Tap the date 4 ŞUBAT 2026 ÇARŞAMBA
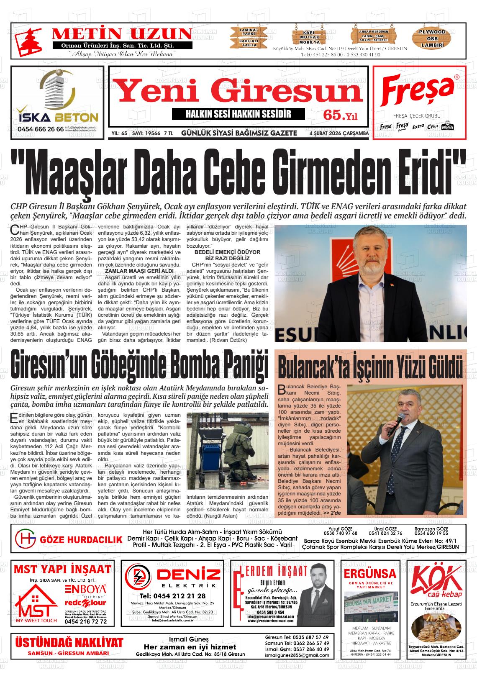point(339,133)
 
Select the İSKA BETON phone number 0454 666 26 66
point(41,129)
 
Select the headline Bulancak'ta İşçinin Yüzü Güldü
point(370,367)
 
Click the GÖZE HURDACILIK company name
point(81,540)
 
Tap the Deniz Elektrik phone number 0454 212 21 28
point(172,596)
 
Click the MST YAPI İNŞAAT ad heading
point(62,570)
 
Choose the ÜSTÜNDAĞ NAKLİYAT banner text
point(69,643)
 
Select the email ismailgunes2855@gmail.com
point(297,655)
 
